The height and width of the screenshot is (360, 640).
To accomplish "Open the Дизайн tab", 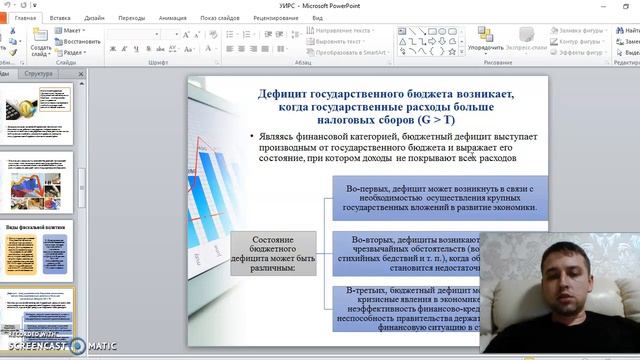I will pyautogui.click(x=95, y=18).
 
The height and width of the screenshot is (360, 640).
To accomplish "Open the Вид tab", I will pyautogui.click(x=317, y=18).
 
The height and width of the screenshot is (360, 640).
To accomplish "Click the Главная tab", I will pyautogui.click(x=26, y=18).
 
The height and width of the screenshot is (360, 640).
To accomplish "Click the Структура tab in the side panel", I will pyautogui.click(x=39, y=74).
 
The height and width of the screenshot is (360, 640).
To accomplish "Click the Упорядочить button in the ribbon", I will pyautogui.click(x=485, y=47).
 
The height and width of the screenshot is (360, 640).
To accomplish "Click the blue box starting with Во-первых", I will pyautogui.click(x=440, y=199).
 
